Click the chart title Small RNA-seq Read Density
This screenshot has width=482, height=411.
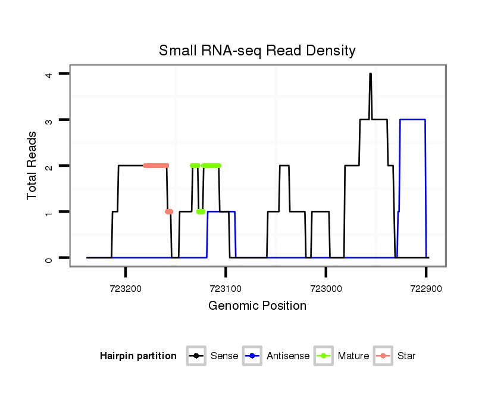click(x=257, y=51)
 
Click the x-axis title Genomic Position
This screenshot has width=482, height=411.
click(x=257, y=306)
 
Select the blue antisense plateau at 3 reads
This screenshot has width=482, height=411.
click(x=412, y=120)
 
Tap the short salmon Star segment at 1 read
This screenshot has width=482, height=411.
click(x=169, y=211)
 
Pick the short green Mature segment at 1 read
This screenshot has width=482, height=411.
click(x=201, y=211)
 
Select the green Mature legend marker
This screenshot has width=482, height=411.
click(x=324, y=356)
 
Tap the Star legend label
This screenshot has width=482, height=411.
click(x=406, y=356)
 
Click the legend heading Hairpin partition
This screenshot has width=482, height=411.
click(x=138, y=356)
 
